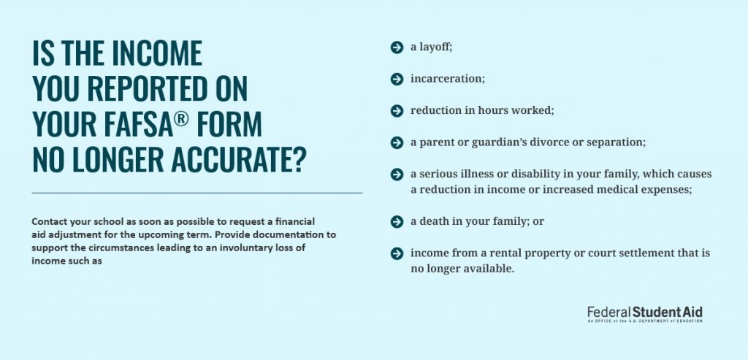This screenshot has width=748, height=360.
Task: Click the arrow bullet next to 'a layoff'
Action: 397,47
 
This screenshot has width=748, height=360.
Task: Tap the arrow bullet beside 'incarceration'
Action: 397,79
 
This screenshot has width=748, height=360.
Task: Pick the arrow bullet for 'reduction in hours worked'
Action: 397,110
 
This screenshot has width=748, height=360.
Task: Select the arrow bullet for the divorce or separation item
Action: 397,142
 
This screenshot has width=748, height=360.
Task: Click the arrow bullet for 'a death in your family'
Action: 397,221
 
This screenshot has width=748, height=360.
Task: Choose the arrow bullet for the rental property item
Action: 397,253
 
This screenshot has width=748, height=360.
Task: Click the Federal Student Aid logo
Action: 644,314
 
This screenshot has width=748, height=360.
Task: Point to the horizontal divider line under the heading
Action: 197,193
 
